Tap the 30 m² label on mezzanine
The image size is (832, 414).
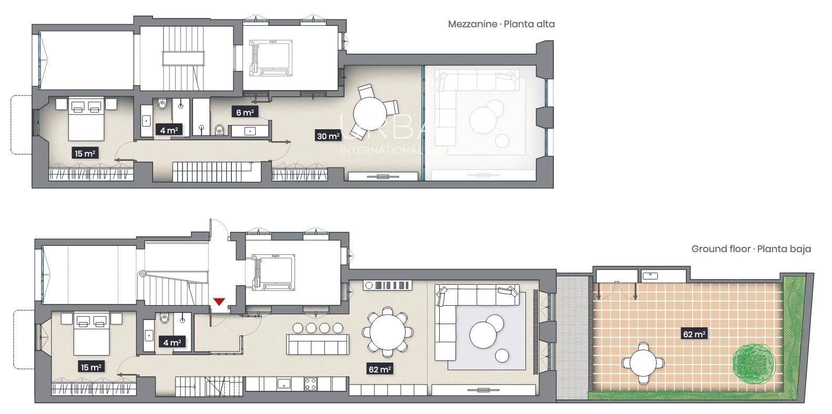pos(327,136)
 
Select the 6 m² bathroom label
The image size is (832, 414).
pos(244,112)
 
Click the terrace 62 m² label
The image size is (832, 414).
pos(694,334)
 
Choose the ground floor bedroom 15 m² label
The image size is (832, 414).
pos(90,367)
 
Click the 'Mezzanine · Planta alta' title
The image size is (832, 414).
pos(501,24)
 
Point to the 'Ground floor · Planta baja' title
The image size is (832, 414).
pos(750,249)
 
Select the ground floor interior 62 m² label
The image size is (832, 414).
pos(379,369)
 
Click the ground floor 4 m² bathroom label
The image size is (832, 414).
pos(171,343)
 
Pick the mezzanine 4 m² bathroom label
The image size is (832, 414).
pos(168,130)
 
